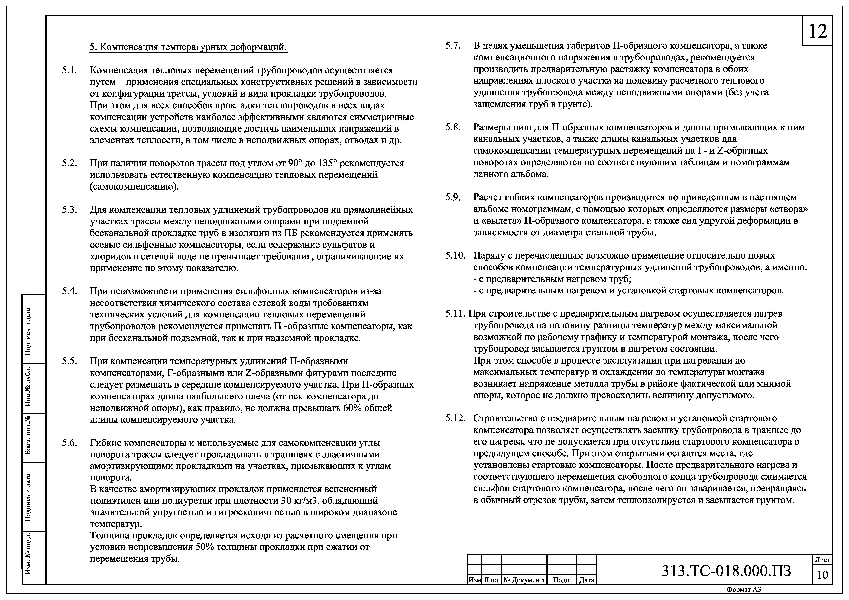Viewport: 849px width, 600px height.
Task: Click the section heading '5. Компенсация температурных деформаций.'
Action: point(188,47)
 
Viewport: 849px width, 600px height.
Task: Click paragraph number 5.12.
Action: point(455,418)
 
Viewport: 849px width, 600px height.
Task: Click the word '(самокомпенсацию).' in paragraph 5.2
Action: point(134,186)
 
